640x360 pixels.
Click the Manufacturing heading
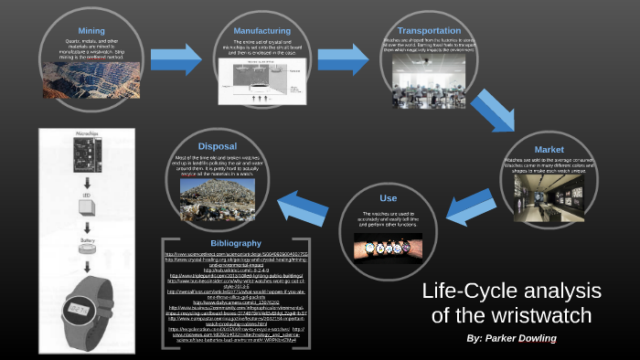pos(262,30)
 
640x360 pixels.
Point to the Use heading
pos(389,198)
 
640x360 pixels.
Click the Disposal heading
pos(217,145)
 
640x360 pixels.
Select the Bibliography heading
pos(236,243)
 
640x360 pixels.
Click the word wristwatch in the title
pos(539,316)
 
